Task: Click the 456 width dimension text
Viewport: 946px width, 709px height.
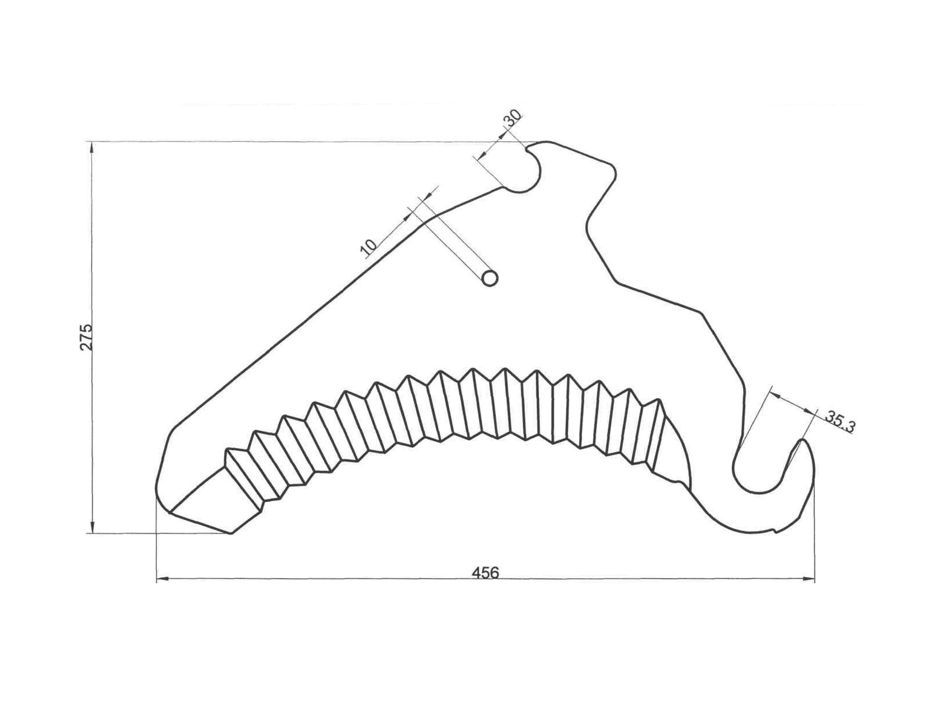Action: (485, 572)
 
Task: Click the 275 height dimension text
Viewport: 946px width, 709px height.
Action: (86, 338)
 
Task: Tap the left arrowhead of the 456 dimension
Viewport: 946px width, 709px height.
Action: (163, 579)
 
